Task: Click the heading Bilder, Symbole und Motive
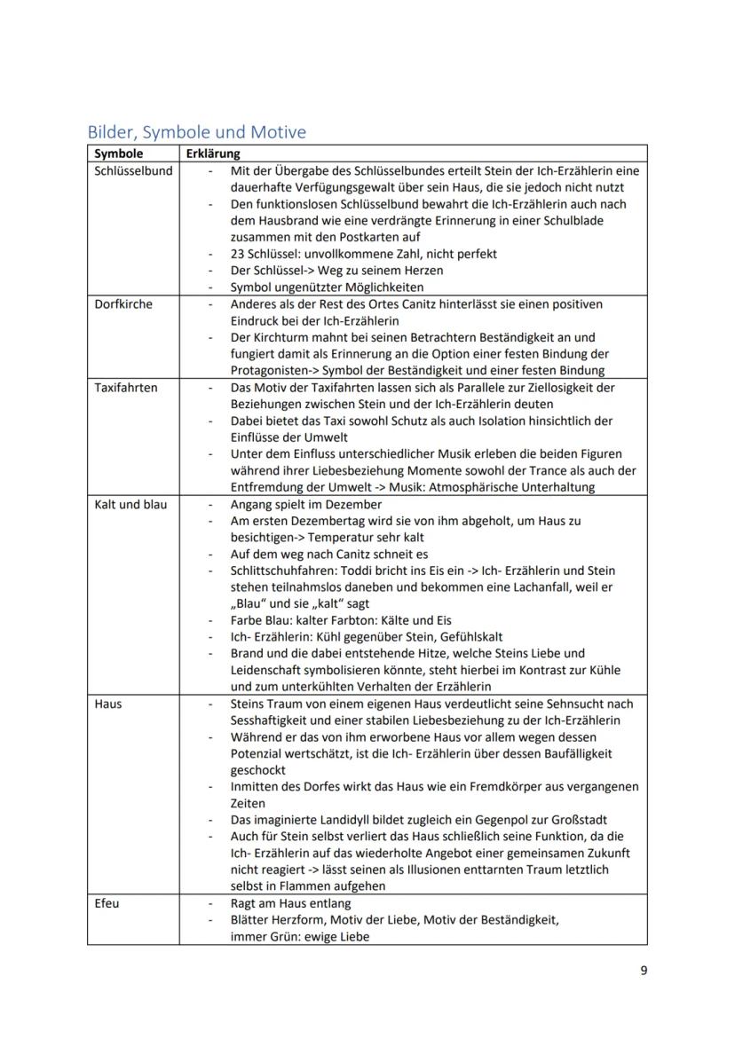[x=196, y=132]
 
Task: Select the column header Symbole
[x=118, y=153]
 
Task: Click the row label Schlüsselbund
[x=133, y=170]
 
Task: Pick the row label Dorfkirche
[x=123, y=304]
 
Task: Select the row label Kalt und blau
[x=130, y=504]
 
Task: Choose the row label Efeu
[x=107, y=903]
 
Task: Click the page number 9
[x=644, y=970]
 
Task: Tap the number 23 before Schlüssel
[x=237, y=254]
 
